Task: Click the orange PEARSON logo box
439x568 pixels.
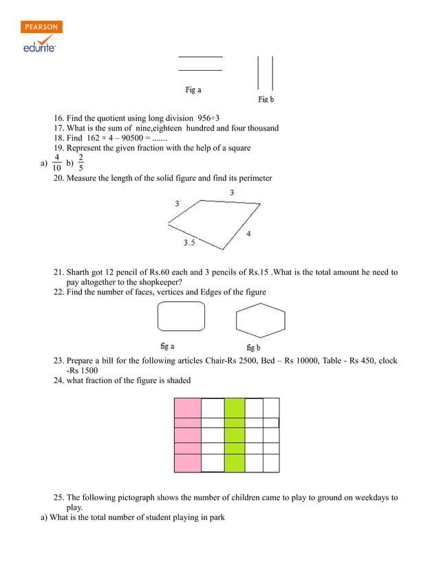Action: pos(41,27)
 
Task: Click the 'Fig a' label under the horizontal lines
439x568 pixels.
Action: pos(193,90)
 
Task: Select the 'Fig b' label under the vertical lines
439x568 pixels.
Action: pos(266,100)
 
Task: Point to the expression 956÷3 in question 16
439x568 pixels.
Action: pos(208,118)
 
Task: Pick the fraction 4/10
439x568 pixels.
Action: pos(56,162)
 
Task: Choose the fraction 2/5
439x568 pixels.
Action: pos(81,162)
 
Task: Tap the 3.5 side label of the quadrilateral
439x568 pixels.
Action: pos(190,243)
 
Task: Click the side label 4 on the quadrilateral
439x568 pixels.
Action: pos(248,234)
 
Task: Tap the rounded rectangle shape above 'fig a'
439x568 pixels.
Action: pos(181,316)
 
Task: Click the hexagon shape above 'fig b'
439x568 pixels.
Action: pos(260,320)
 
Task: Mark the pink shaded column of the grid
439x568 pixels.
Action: pos(187,435)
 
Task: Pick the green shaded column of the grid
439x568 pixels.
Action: pos(235,435)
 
